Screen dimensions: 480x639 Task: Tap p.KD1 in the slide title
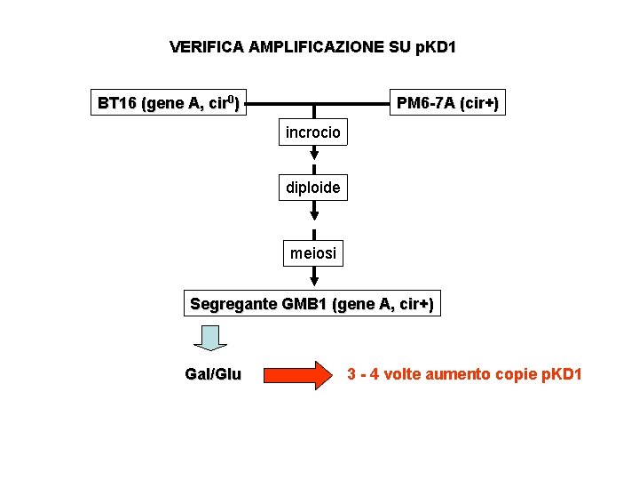pos(434,46)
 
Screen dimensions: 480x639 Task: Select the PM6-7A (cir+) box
pos(447,103)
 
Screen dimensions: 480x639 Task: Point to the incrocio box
pos(312,133)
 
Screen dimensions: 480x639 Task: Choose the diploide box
pos(312,188)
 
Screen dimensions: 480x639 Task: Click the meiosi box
pos(312,253)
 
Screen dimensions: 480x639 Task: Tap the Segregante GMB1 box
pos(312,304)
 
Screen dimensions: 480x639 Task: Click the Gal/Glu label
pos(212,375)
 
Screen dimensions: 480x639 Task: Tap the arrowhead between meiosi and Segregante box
pos(313,284)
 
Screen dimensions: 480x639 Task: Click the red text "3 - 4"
pos(363,373)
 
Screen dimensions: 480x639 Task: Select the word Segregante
pos(233,304)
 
